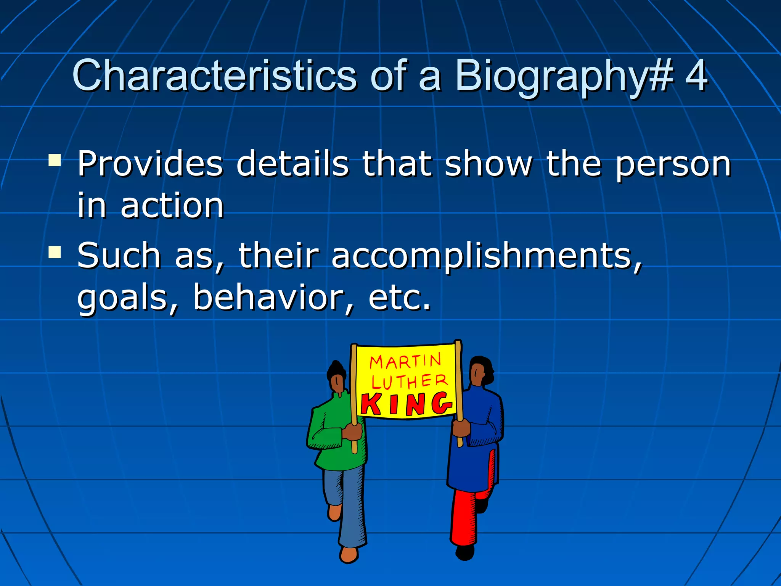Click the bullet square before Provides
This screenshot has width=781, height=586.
point(55,160)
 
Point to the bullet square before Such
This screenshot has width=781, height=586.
point(55,252)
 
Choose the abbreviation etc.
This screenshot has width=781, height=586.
point(400,298)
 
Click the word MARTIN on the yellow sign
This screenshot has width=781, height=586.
point(405,361)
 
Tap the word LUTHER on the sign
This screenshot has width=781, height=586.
point(409,382)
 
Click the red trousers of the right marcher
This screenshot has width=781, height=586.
point(465,515)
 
